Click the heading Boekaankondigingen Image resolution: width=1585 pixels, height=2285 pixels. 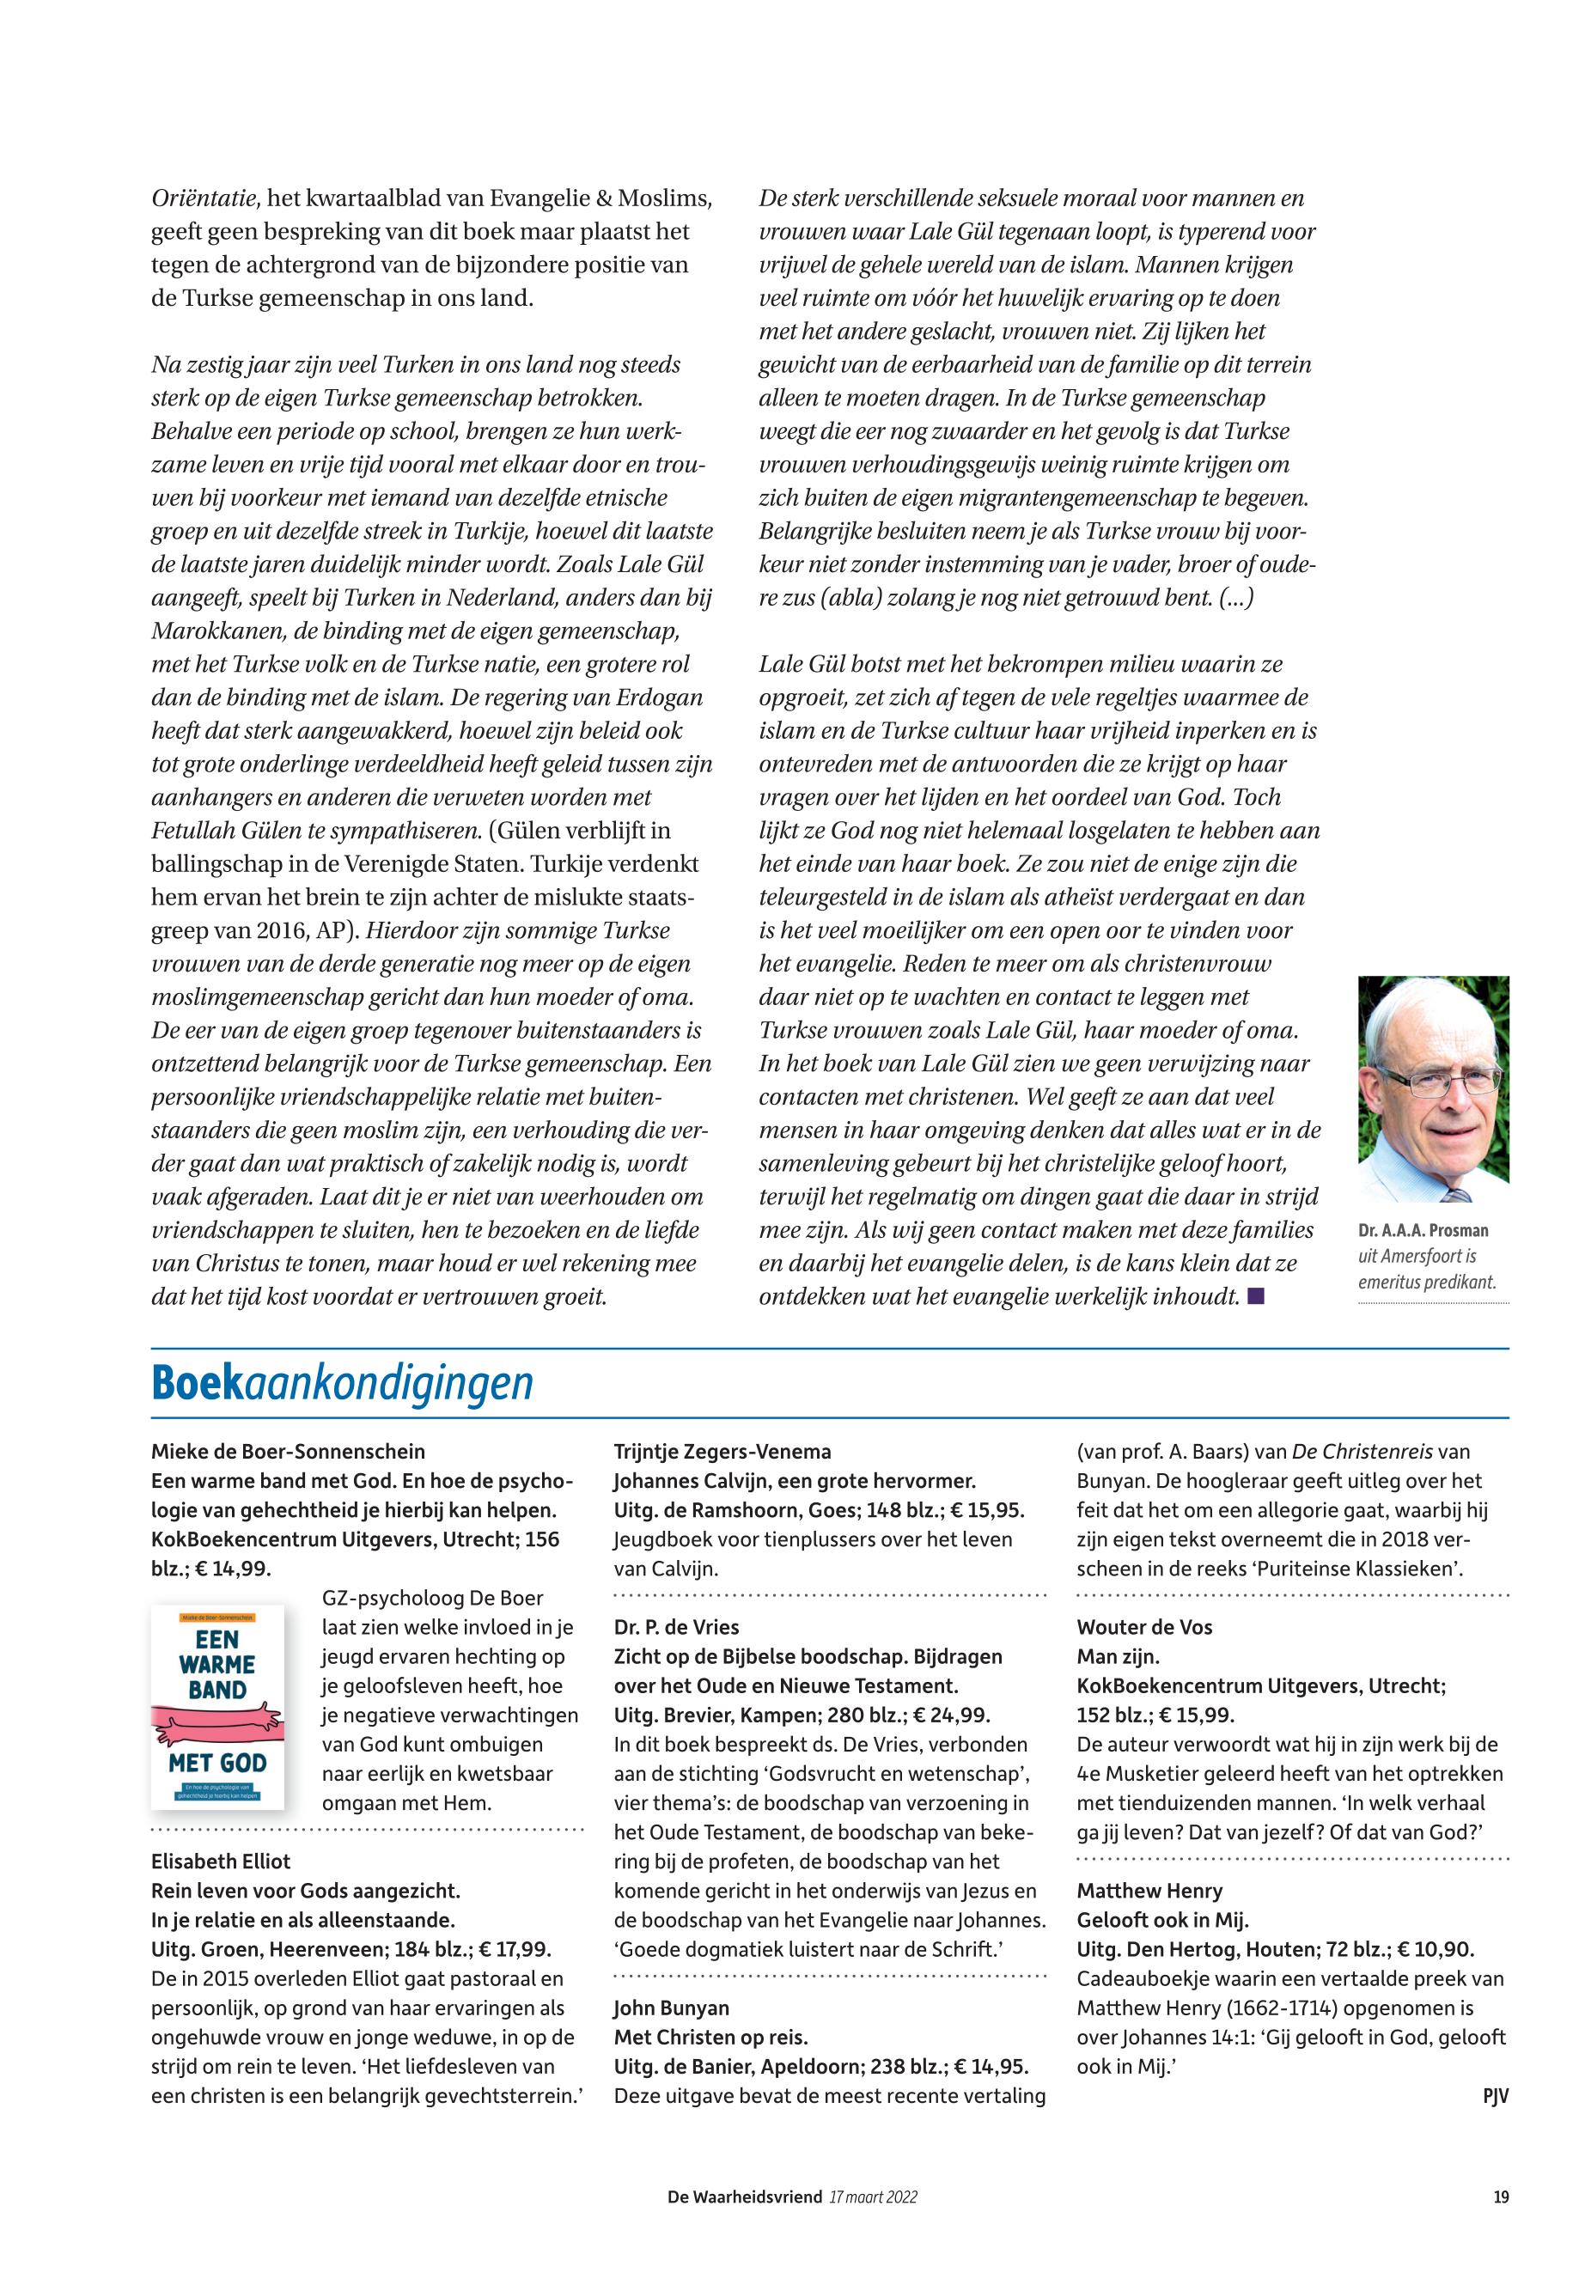click(342, 1383)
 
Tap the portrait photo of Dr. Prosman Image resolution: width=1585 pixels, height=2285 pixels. click(1433, 1088)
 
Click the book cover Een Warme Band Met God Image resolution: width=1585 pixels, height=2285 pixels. click(217, 1706)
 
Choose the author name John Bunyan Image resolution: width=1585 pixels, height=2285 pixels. click(671, 2008)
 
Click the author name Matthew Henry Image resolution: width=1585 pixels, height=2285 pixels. click(1149, 1891)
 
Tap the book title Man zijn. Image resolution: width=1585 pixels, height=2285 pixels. click(1119, 1656)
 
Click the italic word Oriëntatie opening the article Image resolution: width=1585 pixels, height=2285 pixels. click(204, 198)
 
